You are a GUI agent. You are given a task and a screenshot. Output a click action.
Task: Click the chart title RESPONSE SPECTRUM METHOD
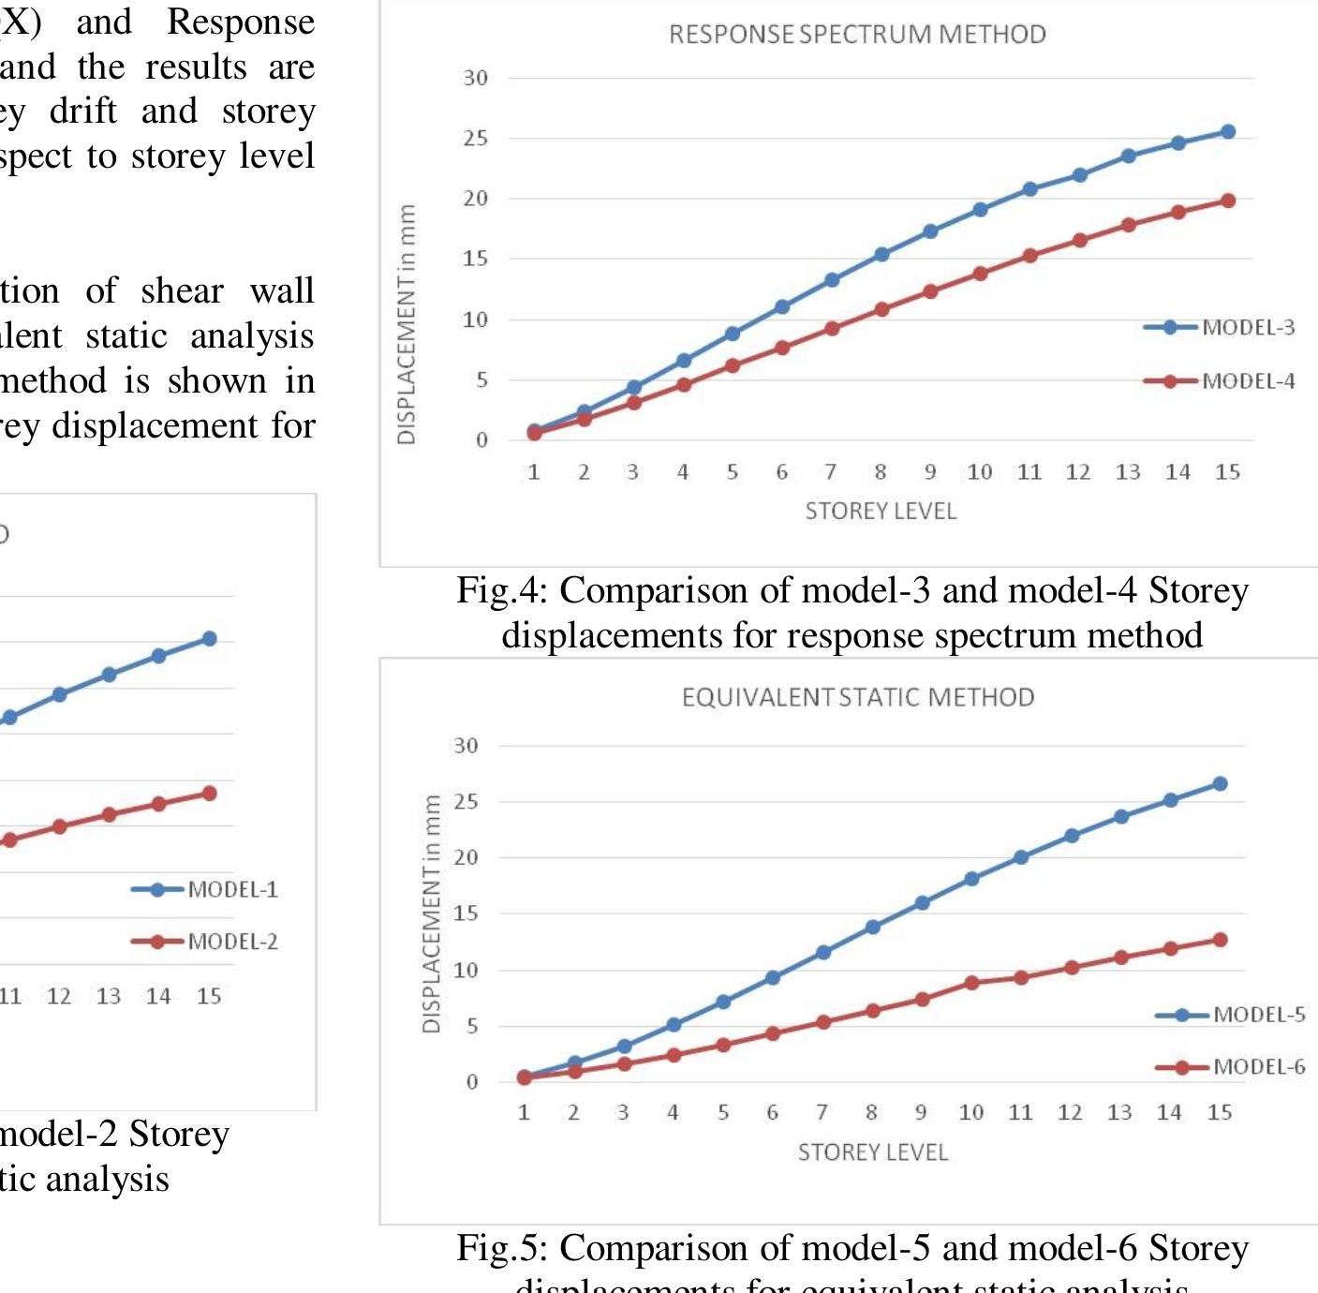(x=857, y=35)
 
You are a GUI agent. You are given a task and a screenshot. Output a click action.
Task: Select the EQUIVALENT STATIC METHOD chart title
(x=858, y=697)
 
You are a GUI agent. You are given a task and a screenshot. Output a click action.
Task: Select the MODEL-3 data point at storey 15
(x=1227, y=132)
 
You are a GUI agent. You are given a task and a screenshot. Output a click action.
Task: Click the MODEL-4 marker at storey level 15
(x=1227, y=201)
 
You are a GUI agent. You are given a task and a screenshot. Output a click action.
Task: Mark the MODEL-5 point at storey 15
(x=1220, y=783)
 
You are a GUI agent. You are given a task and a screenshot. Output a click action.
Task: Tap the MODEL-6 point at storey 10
(x=971, y=982)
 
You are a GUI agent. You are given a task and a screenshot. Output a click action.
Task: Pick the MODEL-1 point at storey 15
(x=209, y=638)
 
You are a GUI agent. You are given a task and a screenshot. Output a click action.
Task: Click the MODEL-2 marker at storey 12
(x=59, y=826)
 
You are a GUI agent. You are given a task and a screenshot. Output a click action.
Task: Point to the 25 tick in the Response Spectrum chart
(x=476, y=139)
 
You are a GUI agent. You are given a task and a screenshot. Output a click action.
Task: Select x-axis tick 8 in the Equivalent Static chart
(x=871, y=1112)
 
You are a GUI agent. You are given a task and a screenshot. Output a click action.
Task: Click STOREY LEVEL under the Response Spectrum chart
(x=881, y=512)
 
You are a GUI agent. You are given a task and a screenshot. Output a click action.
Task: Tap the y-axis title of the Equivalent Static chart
(x=431, y=914)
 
